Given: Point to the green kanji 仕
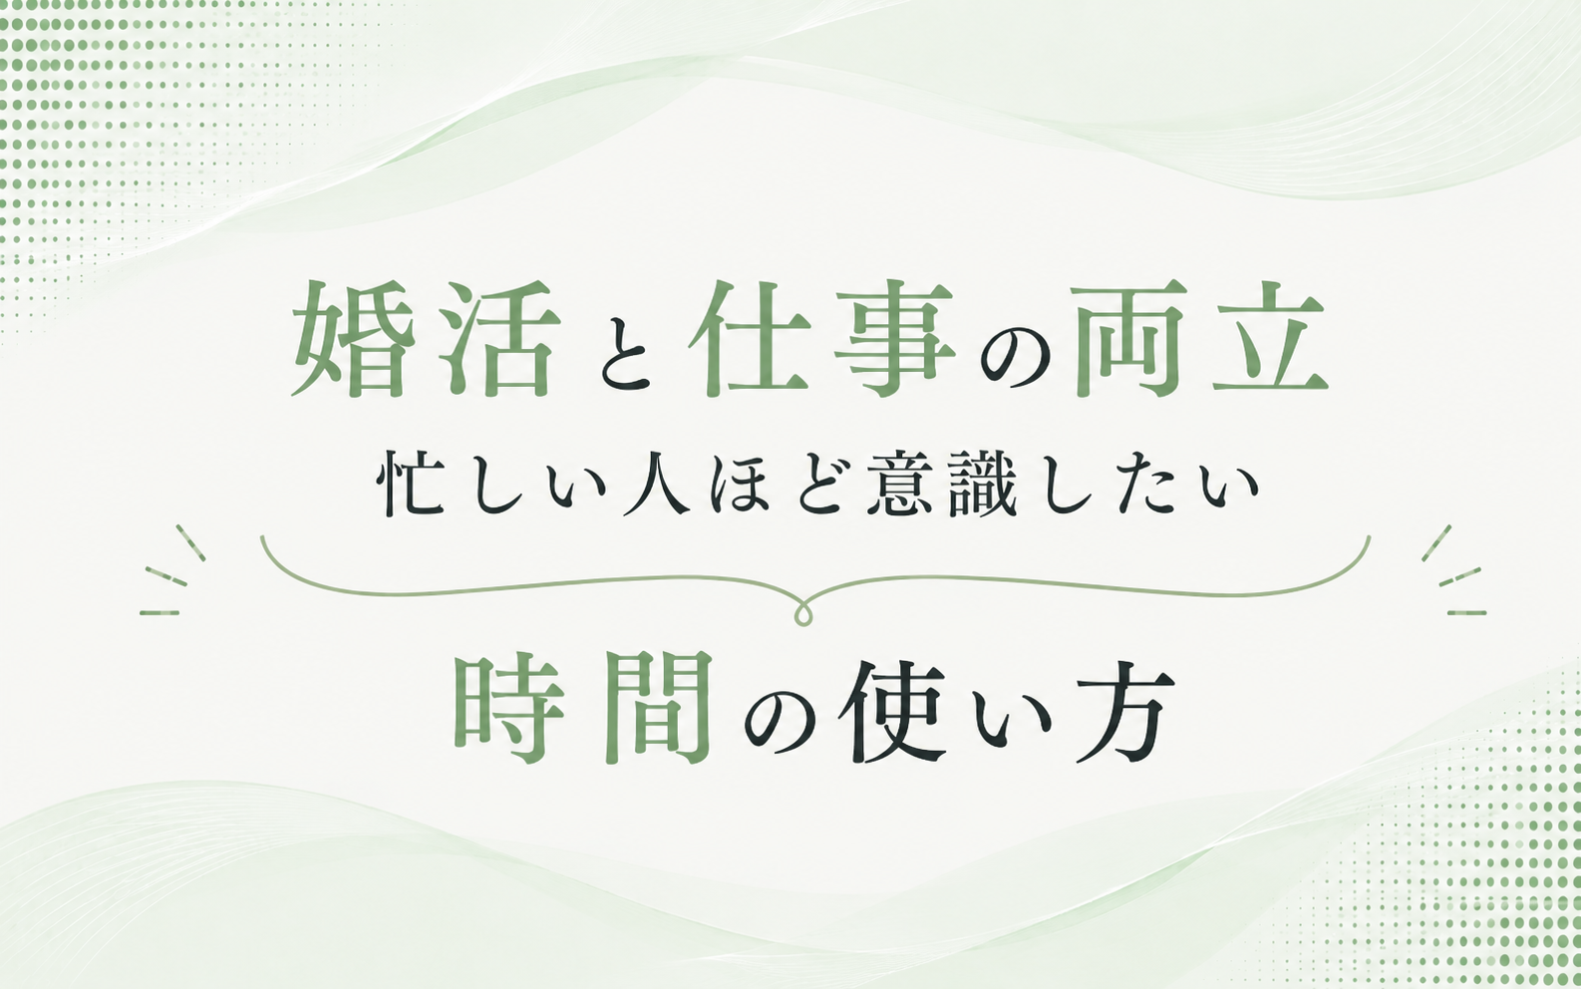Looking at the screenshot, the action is [750, 339].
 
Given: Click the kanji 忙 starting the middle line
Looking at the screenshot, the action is [410, 488].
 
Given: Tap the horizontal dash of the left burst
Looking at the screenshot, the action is [159, 612].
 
